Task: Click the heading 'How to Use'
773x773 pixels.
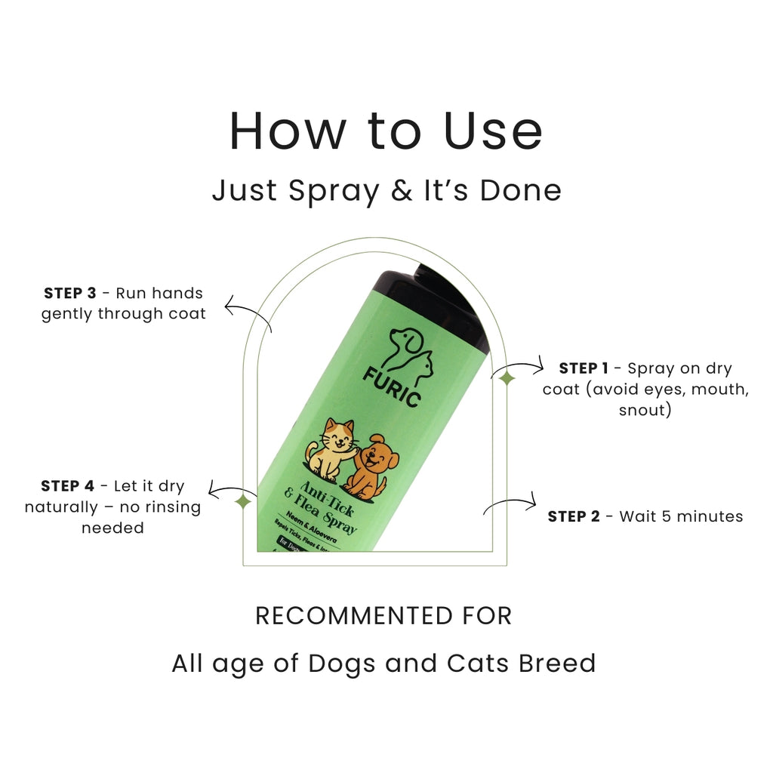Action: tap(386, 131)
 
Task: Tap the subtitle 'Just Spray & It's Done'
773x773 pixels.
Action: tap(386, 190)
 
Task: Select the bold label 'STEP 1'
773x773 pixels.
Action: tap(584, 368)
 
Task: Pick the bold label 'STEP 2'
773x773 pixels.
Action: tap(574, 516)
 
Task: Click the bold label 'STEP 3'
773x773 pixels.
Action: tap(70, 293)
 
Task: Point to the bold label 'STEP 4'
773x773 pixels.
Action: tap(67, 486)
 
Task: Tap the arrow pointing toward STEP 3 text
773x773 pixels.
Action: tap(249, 313)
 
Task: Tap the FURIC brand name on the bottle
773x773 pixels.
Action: tap(391, 385)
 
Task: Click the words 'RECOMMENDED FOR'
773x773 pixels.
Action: tap(383, 616)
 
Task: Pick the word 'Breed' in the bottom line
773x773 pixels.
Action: tap(558, 664)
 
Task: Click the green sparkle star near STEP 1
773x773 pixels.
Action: tap(507, 378)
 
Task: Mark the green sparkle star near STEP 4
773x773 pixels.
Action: tap(243, 501)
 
